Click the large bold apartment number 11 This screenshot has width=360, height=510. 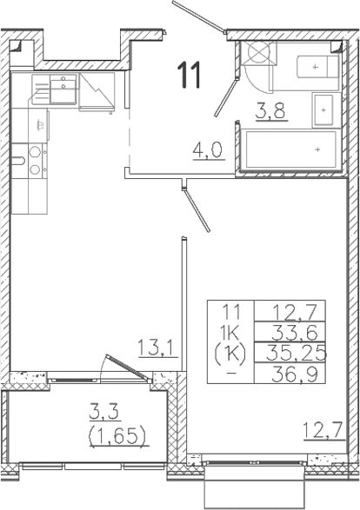(189, 76)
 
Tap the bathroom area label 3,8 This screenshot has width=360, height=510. (270, 111)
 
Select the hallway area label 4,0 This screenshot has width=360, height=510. (209, 150)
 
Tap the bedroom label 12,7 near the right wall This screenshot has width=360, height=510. (323, 430)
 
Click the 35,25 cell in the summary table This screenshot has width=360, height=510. (296, 353)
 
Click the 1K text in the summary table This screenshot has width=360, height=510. (230, 332)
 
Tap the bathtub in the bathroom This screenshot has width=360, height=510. (290, 149)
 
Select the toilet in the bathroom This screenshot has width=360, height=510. (318, 67)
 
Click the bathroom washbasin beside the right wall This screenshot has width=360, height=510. (323, 110)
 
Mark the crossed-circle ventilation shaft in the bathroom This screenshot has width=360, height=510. (258, 52)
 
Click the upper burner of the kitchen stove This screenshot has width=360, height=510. (35, 152)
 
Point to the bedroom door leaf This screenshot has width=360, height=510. (197, 210)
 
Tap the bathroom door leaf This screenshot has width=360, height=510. (226, 97)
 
